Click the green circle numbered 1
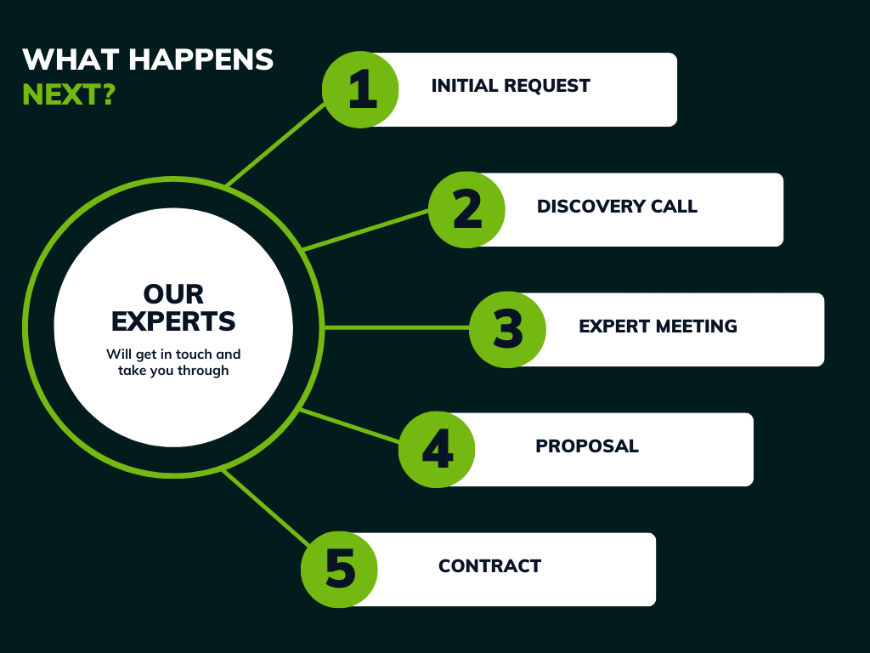tap(361, 89)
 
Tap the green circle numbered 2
tap(466, 209)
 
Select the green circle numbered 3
tap(508, 329)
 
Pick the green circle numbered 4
tap(437, 449)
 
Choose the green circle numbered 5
tap(340, 569)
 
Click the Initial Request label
tap(511, 86)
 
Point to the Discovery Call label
tap(617, 207)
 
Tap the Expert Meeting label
tap(658, 326)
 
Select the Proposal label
tap(586, 446)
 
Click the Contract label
tap(489, 566)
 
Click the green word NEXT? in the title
tap(68, 94)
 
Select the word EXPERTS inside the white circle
tap(173, 321)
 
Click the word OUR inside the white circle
tap(173, 294)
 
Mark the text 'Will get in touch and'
tap(173, 354)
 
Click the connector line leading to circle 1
tap(276, 145)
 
